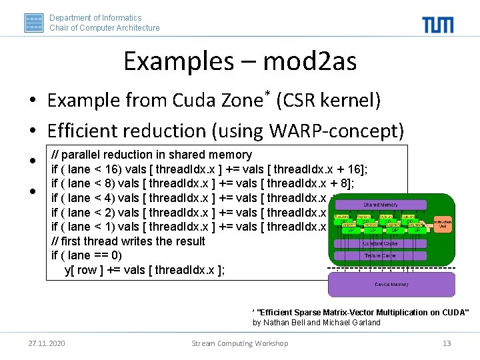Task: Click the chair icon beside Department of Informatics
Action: pos(34,23)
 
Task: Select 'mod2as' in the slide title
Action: pos(311,62)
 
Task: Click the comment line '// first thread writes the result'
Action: pos(128,241)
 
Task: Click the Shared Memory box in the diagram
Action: pos(381,205)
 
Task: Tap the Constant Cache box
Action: pos(380,244)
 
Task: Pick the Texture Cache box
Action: pos(380,255)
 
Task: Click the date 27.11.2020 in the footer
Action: pos(47,343)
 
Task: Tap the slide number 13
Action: pos(447,343)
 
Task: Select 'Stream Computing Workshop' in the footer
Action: pos(240,343)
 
